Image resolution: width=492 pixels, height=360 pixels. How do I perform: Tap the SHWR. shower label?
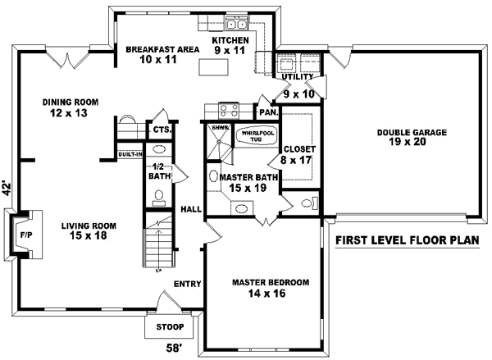coord(219,128)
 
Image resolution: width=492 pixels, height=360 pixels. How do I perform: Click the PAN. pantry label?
coord(267,112)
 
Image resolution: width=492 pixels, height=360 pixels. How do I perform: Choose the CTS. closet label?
coord(161,129)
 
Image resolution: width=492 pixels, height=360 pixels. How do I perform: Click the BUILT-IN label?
coord(129,154)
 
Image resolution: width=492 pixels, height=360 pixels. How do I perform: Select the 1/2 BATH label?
coord(159,171)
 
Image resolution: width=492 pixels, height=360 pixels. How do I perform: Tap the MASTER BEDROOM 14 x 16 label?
coord(271,288)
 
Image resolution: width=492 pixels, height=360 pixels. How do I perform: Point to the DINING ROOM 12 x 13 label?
coord(71,107)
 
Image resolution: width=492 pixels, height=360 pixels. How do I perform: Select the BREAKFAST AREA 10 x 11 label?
coord(162,55)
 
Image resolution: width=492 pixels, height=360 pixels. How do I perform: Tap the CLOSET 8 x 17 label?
coord(294,155)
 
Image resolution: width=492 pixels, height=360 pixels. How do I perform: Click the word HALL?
coord(190,209)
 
